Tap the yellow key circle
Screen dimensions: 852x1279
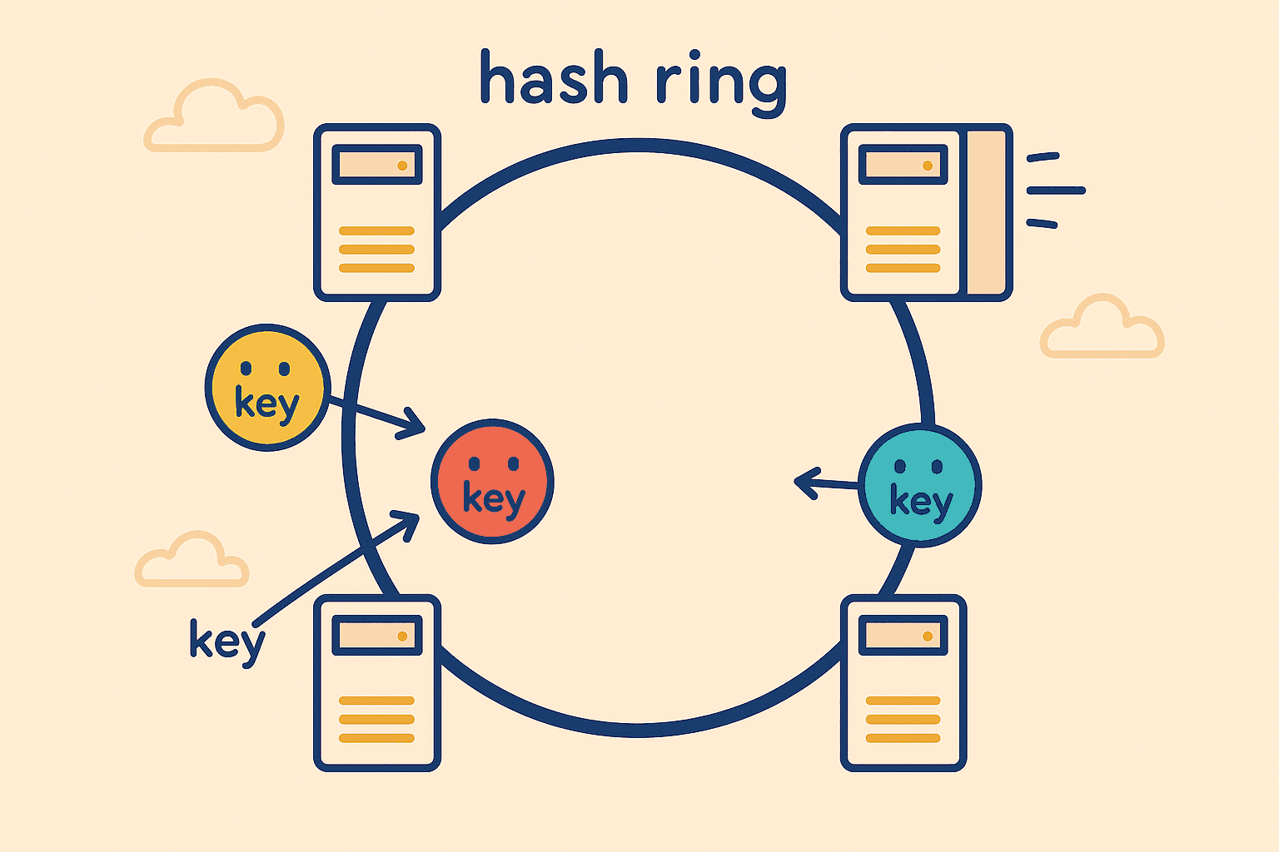point(267,387)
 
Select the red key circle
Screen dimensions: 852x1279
point(492,481)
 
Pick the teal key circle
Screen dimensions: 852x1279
point(919,485)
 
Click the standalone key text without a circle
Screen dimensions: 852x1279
point(226,641)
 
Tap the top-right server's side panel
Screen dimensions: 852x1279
point(987,212)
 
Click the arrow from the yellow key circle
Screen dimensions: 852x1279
point(375,418)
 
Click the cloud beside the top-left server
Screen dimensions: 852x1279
point(215,118)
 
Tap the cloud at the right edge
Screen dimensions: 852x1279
point(1101,329)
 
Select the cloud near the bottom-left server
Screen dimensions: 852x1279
point(192,561)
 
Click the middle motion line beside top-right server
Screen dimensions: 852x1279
point(1056,191)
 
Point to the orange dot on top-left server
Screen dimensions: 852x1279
point(402,166)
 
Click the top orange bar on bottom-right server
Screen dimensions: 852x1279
point(903,701)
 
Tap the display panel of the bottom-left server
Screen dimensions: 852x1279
point(377,636)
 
